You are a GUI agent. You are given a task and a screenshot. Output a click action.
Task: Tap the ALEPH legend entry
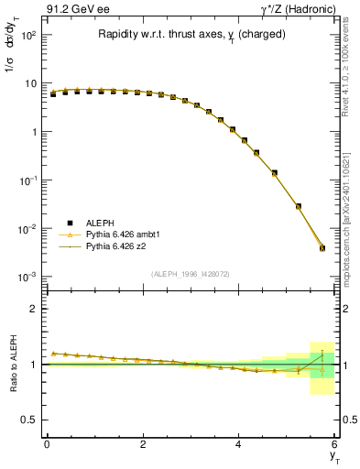89,223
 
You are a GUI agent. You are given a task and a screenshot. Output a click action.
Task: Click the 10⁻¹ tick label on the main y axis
27,180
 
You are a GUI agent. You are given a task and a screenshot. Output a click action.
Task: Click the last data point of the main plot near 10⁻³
322,247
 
